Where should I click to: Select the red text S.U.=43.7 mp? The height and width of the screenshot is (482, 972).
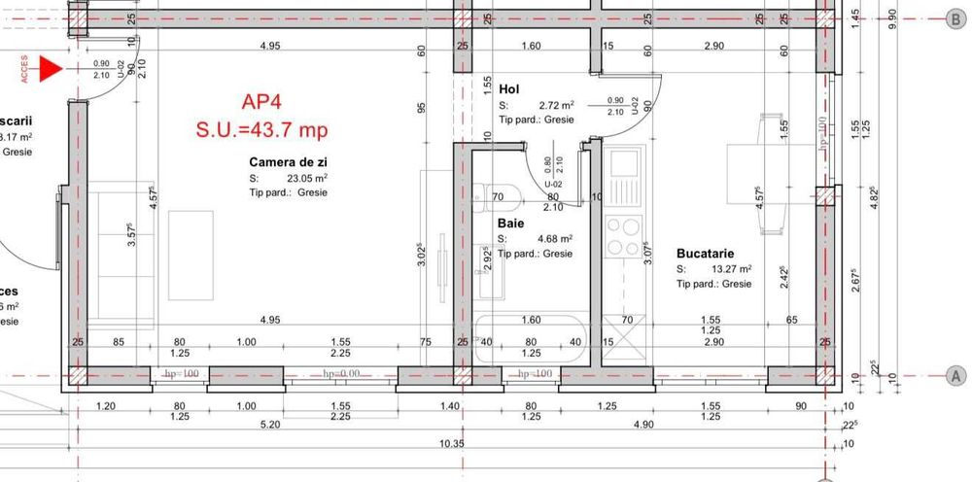(261, 129)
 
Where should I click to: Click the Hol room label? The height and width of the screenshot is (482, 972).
(508, 89)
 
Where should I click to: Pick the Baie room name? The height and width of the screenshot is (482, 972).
(511, 223)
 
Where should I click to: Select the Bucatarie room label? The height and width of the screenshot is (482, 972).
(705, 254)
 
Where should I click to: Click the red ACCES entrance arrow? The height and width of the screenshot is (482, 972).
(50, 68)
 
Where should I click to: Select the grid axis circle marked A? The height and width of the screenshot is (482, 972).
(955, 376)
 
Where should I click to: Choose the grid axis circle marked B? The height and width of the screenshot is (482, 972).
(955, 17)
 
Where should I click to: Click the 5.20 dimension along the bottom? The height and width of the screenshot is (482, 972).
(270, 425)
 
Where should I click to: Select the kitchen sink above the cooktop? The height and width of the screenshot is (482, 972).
(622, 170)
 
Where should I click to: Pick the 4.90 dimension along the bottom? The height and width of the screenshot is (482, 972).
(643, 425)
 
